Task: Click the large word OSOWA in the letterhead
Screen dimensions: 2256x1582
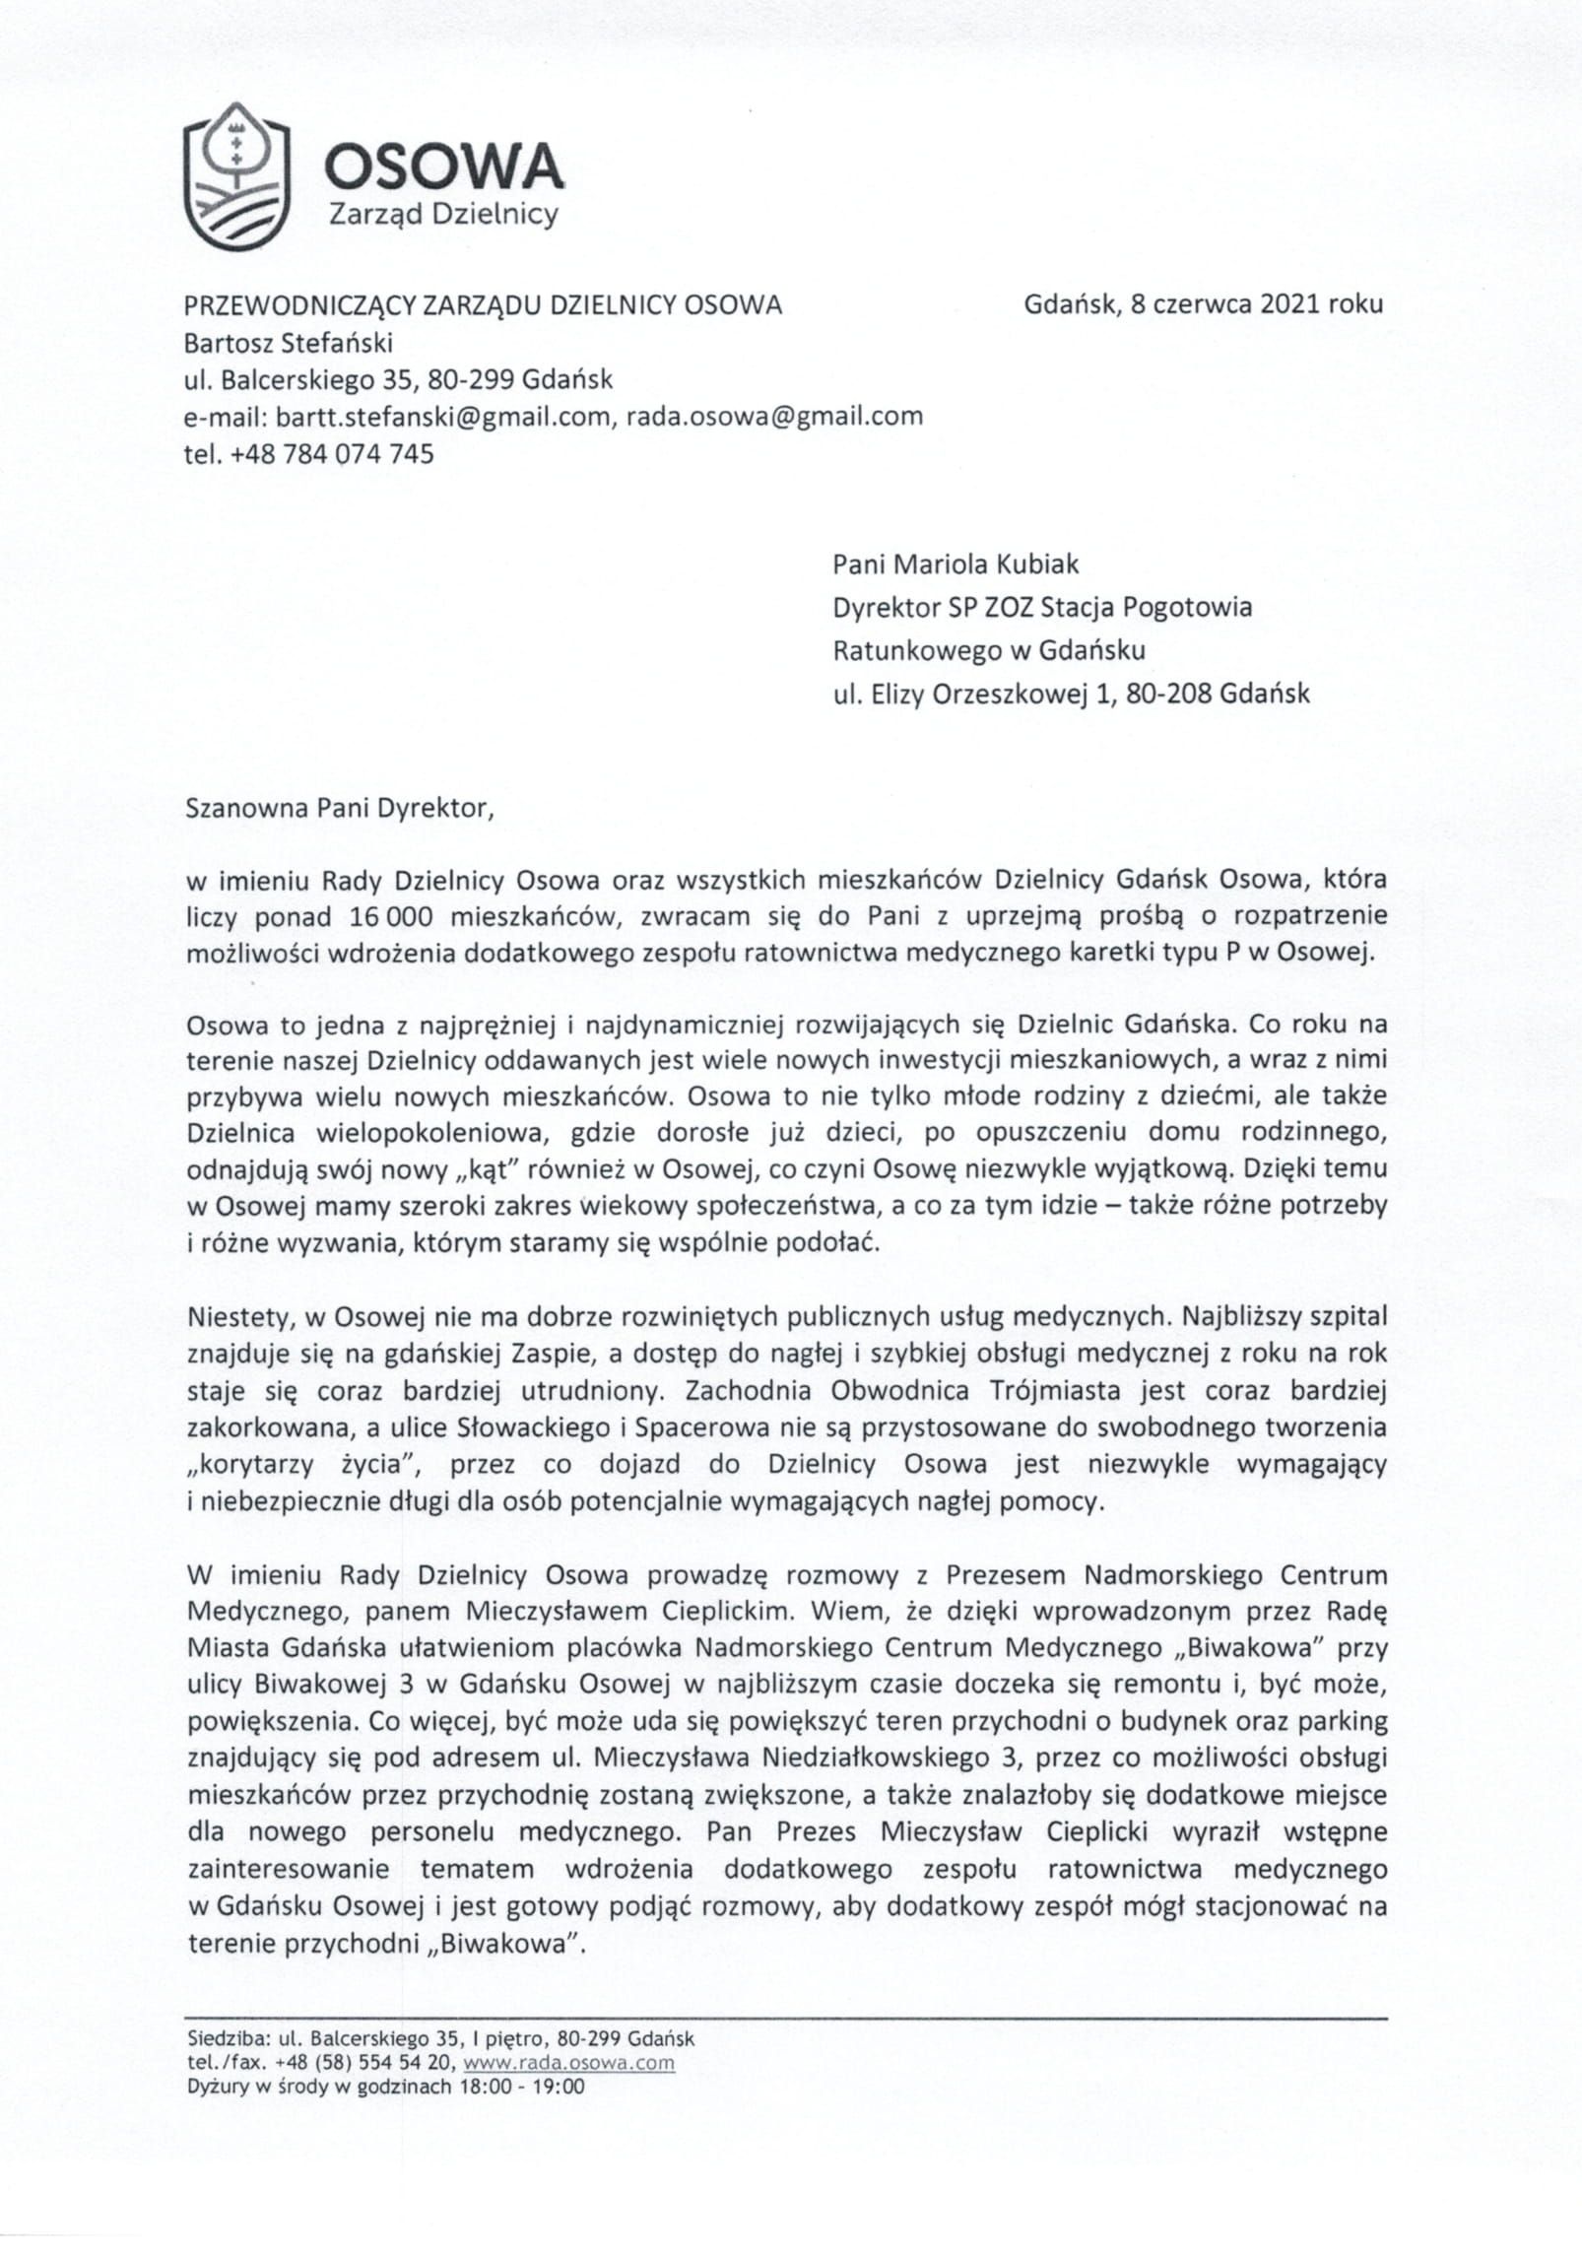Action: [x=443, y=166]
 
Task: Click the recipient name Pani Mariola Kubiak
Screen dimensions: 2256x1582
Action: [x=955, y=564]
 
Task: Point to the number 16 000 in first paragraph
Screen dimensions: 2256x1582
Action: [x=391, y=916]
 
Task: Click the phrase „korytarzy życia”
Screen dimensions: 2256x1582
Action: [x=304, y=1465]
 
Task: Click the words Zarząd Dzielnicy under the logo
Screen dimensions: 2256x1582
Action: [x=443, y=214]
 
